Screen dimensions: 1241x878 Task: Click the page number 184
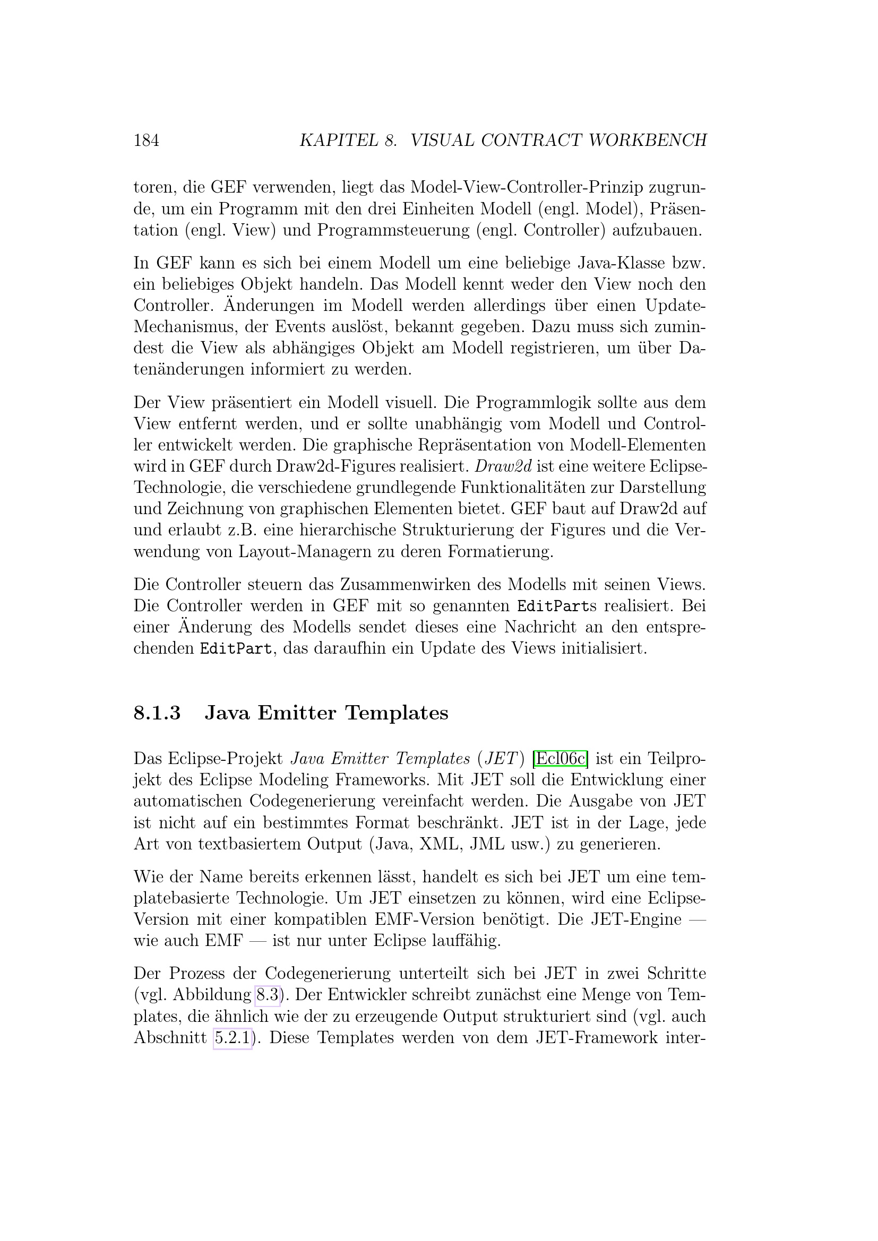(x=146, y=141)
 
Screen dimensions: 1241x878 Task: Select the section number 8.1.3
(x=157, y=713)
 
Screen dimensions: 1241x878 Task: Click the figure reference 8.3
(x=268, y=995)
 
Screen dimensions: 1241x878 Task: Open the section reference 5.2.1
(x=233, y=1038)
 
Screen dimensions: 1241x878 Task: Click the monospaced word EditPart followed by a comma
(x=235, y=648)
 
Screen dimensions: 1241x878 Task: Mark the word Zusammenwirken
(x=386, y=585)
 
